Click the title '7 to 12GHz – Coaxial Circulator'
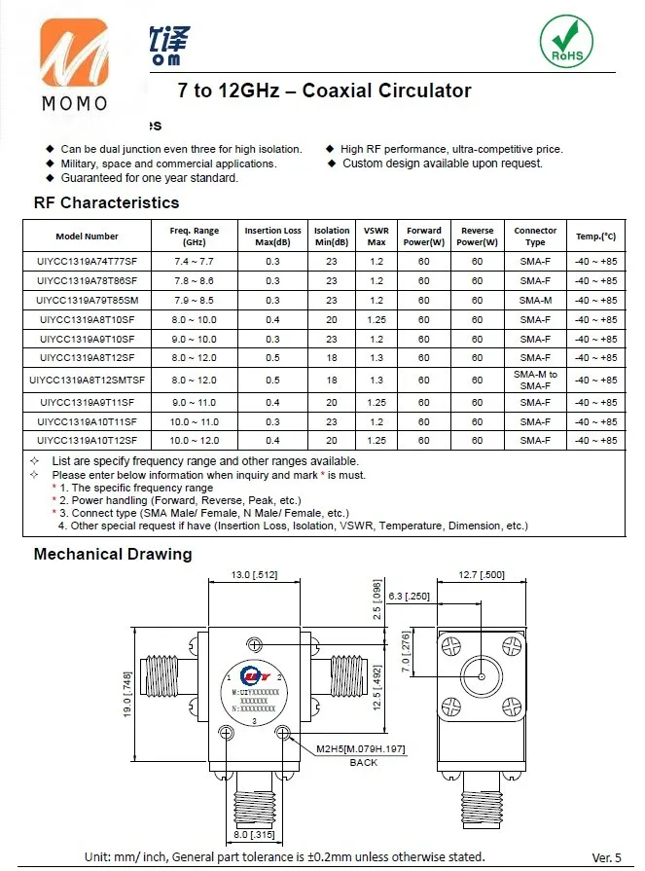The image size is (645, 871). coord(324,91)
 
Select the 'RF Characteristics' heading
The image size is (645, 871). coord(106,202)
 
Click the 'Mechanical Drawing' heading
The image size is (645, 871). coord(113,554)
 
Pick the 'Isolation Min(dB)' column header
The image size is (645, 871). coord(332,236)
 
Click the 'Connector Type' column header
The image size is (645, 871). coord(535,236)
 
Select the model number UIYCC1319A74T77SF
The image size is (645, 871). coord(88,261)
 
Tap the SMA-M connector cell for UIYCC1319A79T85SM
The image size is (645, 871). coord(535,300)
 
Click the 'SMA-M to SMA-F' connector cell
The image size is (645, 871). coord(535,380)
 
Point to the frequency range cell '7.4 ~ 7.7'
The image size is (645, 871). coord(194,261)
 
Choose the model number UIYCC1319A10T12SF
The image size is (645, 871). coord(88,441)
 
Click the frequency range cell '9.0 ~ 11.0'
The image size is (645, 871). coord(194,402)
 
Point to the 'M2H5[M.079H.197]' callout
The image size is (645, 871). coord(360,748)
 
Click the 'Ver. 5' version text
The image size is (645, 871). coord(607,857)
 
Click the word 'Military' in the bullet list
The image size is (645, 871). coord(81,163)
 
